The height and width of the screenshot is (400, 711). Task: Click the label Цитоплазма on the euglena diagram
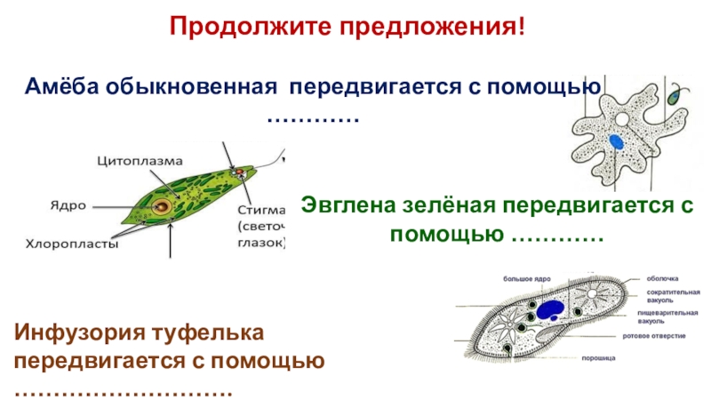point(140,161)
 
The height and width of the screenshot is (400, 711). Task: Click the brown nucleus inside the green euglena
point(163,207)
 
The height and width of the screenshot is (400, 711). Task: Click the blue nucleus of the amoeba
point(616,140)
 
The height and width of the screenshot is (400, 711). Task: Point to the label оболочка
point(663,278)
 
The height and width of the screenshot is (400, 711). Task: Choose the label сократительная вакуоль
point(673,296)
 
